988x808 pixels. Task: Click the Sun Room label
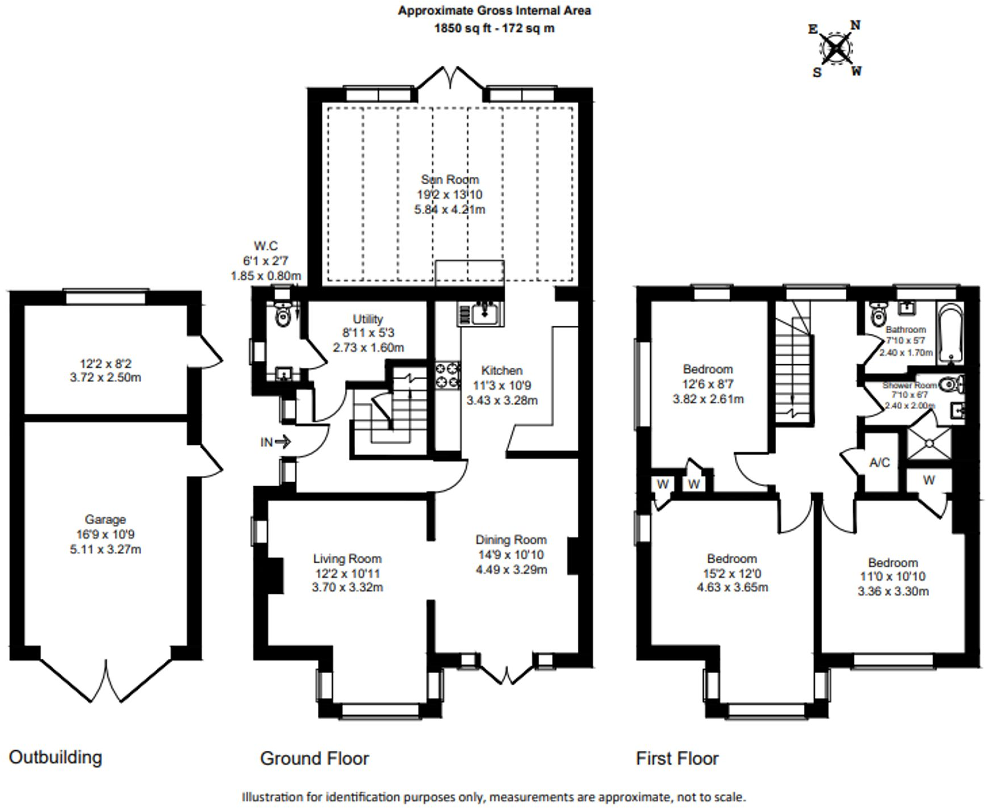[449, 180]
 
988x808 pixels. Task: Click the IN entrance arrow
[276, 442]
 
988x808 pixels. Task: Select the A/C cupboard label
[879, 463]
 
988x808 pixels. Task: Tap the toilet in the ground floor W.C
[282, 315]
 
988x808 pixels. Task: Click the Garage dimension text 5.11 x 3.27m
[105, 549]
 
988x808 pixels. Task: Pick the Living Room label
[347, 559]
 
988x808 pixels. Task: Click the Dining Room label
[511, 540]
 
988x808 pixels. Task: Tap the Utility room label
[368, 319]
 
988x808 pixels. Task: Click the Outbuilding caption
[56, 758]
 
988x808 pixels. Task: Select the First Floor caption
[677, 759]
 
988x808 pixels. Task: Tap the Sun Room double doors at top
[452, 78]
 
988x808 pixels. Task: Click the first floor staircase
[794, 368]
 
